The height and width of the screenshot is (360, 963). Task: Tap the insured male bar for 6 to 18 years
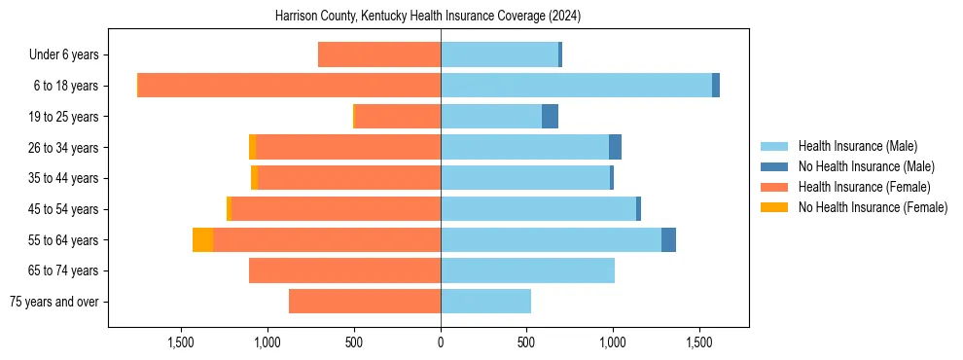[576, 86]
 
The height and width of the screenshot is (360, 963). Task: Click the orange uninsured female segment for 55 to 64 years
[202, 239]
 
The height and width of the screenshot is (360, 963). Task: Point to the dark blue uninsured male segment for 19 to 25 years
[550, 117]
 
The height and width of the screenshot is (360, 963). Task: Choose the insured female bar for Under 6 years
[379, 54]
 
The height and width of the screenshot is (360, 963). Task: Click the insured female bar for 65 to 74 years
[344, 270]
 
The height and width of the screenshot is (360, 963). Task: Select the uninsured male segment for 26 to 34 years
[615, 147]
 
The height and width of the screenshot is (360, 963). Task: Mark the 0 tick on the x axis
[441, 342]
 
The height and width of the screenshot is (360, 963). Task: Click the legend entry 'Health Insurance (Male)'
[857, 146]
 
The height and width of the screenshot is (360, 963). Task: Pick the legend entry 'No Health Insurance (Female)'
[873, 207]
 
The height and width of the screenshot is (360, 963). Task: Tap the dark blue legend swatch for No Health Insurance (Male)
[774, 166]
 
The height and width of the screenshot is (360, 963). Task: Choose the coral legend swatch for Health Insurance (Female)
[774, 187]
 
